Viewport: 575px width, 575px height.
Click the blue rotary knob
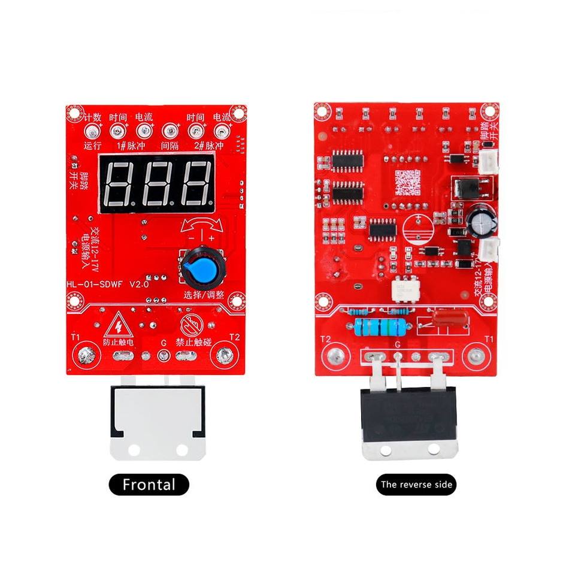click(x=201, y=267)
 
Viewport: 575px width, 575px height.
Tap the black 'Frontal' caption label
click(x=149, y=484)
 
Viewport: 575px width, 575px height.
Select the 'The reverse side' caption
click(x=416, y=484)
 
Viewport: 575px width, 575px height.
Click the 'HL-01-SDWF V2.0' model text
click(x=108, y=285)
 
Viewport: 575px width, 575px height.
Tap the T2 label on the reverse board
click(x=326, y=339)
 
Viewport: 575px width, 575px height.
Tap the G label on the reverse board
click(x=398, y=345)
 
